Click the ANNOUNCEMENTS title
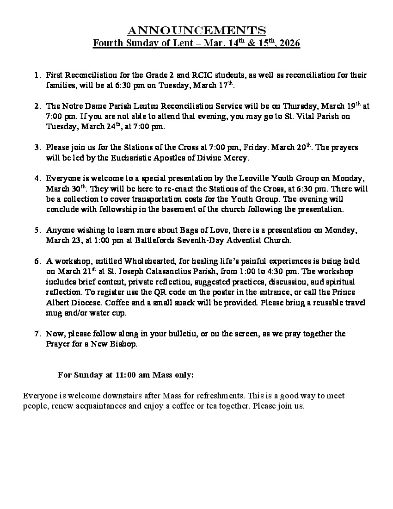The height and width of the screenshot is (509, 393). click(196, 31)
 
